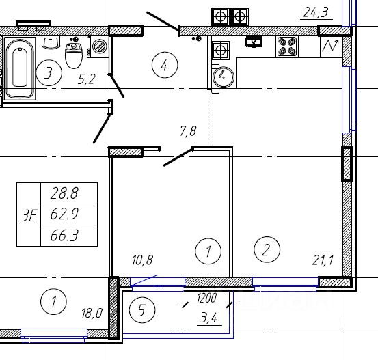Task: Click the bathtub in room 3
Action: [21, 68]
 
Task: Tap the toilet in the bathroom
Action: [74, 55]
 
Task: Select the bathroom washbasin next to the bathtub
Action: [51, 42]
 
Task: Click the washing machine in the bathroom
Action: [99, 46]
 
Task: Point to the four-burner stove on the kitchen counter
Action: [287, 46]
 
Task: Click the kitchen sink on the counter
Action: [254, 42]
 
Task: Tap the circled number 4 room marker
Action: [165, 65]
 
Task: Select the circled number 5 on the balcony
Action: [142, 310]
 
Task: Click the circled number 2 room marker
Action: [267, 249]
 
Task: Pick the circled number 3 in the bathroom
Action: [49, 73]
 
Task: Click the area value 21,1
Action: [323, 260]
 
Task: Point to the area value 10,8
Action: [142, 260]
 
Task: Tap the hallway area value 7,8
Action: [188, 131]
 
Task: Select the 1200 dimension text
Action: [206, 299]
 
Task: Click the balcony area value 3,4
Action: [208, 318]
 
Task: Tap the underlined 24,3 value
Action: [316, 12]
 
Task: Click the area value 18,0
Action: [92, 314]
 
